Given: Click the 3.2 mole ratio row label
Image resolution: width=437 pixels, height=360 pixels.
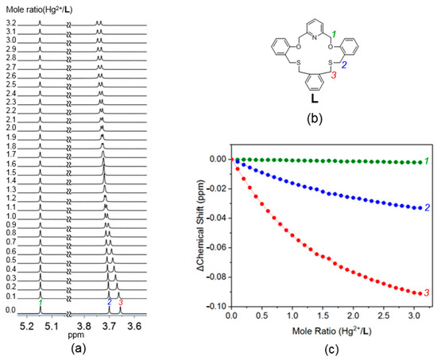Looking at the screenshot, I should (9, 23).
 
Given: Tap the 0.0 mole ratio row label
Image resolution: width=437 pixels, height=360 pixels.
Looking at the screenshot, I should (9, 309).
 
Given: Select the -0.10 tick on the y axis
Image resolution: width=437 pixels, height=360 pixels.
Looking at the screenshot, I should (215, 306).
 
